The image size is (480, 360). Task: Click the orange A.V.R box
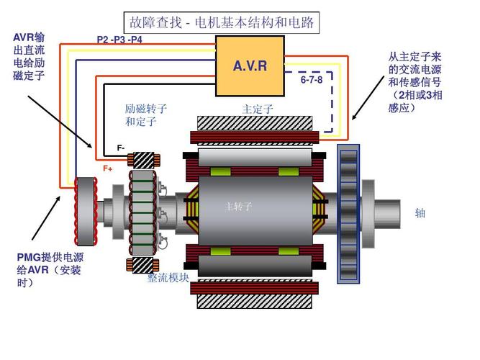250,66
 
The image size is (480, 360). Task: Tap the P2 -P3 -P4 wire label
119,39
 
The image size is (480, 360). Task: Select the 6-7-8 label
312,80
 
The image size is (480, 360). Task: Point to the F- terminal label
121,148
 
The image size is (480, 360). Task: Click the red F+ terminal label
108,168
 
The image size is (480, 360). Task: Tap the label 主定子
257,109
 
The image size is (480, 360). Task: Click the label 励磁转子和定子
145,115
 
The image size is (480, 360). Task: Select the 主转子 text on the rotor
238,207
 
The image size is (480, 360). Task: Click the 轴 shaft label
420,213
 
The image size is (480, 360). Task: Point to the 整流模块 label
168,278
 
